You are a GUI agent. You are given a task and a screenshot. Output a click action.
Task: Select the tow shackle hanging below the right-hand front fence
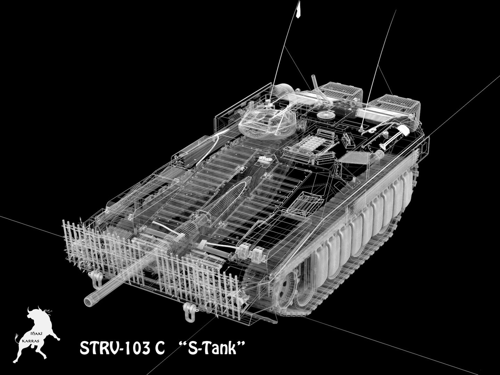point(188,310)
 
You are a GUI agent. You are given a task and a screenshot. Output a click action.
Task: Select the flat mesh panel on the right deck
point(351,161)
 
